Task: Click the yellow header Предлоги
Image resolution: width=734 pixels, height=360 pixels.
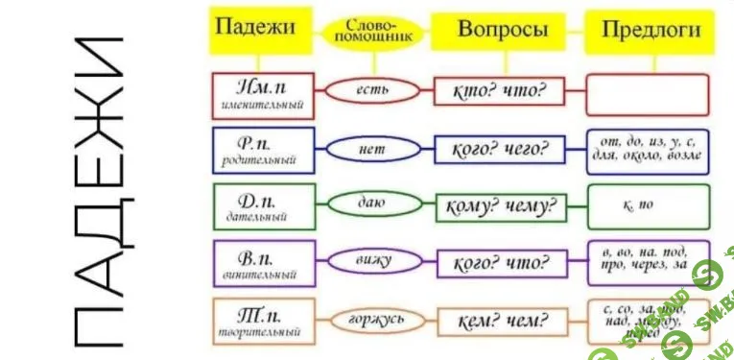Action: pos(650,29)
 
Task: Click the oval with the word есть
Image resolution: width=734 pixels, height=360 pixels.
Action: pos(370,90)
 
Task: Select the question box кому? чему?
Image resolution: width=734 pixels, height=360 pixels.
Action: pos(499,205)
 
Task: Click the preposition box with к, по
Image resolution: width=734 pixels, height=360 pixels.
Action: pos(648,204)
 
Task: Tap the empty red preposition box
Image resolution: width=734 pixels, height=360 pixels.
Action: pos(648,93)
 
